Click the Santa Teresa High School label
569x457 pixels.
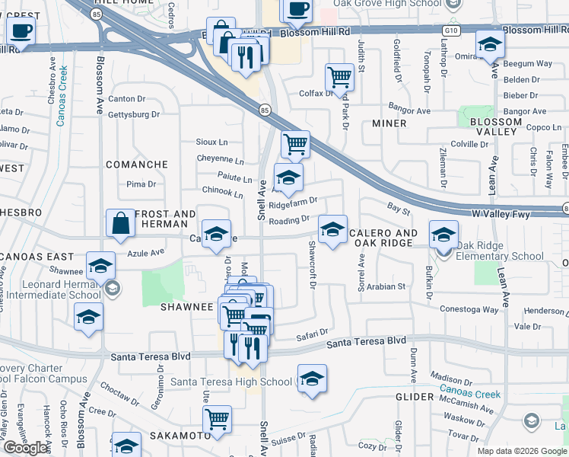[x=230, y=382]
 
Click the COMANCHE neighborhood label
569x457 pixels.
[x=136, y=165]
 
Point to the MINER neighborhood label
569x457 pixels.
[x=389, y=123]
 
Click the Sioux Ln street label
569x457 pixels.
[x=211, y=142]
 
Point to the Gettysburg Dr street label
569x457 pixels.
[x=134, y=115]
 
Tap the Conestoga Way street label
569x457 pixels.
[x=469, y=310]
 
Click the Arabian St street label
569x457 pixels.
[x=386, y=286]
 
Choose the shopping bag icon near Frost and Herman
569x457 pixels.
[x=120, y=223]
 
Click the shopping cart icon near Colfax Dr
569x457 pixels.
[x=339, y=76]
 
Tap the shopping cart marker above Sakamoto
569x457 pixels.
[x=218, y=418]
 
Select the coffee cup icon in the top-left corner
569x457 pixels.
[x=21, y=31]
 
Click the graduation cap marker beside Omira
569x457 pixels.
[x=490, y=45]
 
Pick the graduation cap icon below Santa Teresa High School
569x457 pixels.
[x=312, y=379]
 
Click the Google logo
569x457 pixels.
[x=26, y=448]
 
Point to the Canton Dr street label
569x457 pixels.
[x=126, y=99]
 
